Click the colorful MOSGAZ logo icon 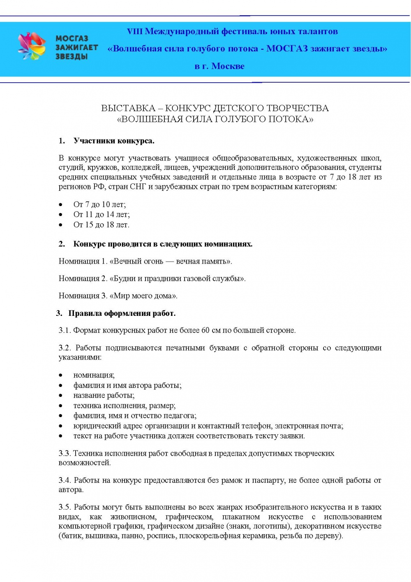(31, 46)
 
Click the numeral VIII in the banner (134, 32)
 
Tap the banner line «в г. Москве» (219, 66)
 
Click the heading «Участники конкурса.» (114, 141)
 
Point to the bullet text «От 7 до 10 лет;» (99, 204)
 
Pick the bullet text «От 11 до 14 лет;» (102, 214)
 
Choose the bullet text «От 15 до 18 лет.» (101, 225)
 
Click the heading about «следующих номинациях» (163, 244)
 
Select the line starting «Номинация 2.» (152, 278)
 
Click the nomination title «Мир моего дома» (143, 296)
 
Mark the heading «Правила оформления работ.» (122, 313)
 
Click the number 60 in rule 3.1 (205, 330)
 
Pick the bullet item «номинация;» (94, 375)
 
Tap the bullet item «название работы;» (104, 395)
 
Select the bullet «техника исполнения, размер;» (124, 406)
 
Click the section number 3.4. (65, 480)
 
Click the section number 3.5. (65, 507)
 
